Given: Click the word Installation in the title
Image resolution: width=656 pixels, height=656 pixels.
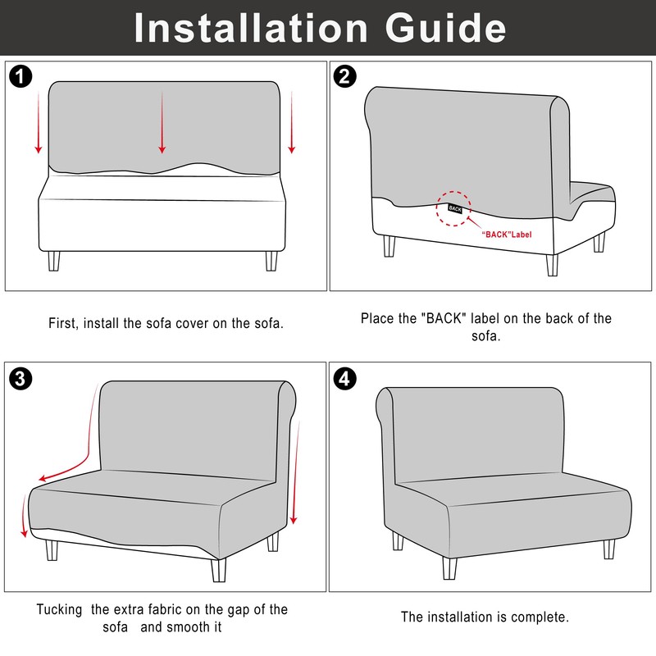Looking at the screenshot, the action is click(x=251, y=28).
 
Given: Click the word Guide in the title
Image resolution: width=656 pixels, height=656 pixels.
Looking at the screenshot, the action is click(x=445, y=28).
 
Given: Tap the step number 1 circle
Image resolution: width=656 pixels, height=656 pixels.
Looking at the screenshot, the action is click(x=20, y=76).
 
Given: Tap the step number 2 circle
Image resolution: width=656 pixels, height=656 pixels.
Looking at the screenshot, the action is click(x=344, y=76).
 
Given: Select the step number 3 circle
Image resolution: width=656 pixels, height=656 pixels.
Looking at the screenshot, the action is click(x=20, y=379).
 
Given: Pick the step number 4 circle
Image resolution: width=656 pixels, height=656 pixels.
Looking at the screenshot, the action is click(x=344, y=379).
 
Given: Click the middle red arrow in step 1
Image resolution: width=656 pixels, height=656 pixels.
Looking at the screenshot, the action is click(x=162, y=122).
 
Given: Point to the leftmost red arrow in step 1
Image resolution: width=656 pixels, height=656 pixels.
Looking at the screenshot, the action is click(x=39, y=122).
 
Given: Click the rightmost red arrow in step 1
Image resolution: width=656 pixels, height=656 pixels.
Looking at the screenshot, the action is click(x=292, y=122).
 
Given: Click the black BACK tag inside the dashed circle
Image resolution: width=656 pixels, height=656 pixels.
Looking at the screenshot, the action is click(x=455, y=208).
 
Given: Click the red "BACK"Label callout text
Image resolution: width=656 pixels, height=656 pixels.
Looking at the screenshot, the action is click(x=506, y=235).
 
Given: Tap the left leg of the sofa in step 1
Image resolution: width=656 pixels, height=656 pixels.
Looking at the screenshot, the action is click(x=54, y=261).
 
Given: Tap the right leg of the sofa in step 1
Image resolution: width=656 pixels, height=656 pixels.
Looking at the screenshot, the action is click(x=271, y=261).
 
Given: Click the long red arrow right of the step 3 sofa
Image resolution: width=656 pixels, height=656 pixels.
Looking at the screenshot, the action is click(x=296, y=473).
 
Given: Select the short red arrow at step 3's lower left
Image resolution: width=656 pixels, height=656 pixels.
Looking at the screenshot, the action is click(x=25, y=516).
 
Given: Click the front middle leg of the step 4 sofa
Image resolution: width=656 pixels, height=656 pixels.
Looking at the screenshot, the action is click(x=449, y=568).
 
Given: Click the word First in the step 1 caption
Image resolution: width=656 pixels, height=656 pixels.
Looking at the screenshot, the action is click(x=63, y=323).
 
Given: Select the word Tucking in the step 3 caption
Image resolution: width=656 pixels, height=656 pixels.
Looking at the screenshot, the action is click(x=59, y=609).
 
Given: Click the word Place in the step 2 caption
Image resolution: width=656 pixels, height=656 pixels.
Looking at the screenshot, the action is click(x=376, y=318).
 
